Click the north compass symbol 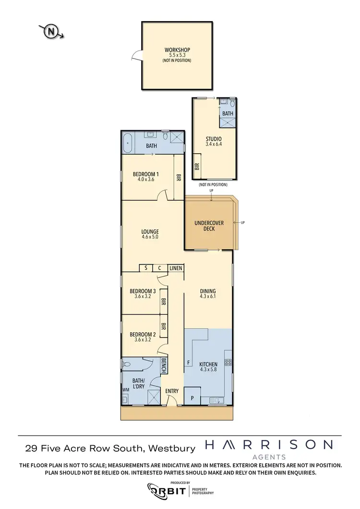click(51, 32)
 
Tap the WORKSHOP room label click(177, 50)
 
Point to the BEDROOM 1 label click(145, 174)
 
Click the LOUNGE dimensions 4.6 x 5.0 click(150, 237)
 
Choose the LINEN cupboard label click(176, 268)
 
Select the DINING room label click(208, 291)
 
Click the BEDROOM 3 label click(143, 291)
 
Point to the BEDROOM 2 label click(143, 335)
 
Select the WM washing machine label click(126, 390)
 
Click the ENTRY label click(172, 391)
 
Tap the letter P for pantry click(192, 398)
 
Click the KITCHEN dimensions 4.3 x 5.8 click(208, 371)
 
